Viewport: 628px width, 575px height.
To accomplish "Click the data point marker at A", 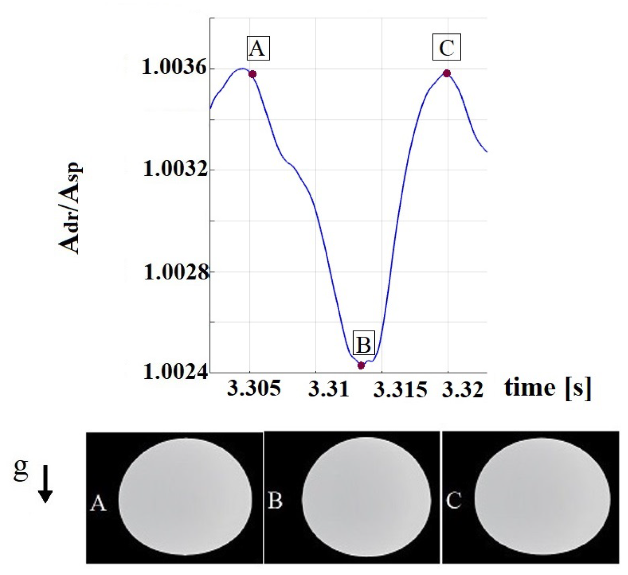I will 252,74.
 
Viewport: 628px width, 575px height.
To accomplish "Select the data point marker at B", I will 361,365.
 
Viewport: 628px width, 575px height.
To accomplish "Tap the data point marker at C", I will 447,74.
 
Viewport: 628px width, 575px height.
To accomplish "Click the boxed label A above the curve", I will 258,49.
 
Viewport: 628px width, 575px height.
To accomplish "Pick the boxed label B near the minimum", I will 364,344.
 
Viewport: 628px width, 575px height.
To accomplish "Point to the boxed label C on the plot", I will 447,47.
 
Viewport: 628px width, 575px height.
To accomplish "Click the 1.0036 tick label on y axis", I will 175,68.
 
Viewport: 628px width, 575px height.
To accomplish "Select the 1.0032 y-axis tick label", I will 175,169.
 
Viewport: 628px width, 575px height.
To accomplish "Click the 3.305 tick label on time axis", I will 254,389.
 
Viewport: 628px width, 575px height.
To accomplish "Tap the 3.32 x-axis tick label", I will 462,389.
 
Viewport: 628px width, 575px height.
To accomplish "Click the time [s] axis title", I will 547,388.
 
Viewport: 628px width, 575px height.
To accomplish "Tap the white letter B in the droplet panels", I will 275,501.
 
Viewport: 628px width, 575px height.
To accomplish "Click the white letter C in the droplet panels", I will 453,501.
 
